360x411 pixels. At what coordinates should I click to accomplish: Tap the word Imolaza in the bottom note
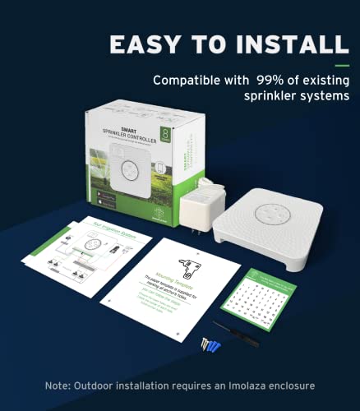pos(252,386)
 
